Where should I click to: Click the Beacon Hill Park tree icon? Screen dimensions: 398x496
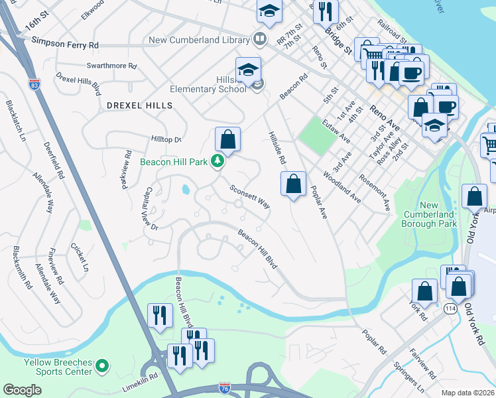tap(217, 161)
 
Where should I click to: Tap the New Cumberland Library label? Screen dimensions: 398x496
tap(198, 40)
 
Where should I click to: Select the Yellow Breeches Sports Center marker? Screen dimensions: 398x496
tap(101, 365)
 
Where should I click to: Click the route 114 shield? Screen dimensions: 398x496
tap(451, 309)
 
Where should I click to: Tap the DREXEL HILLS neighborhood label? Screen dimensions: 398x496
tap(139, 105)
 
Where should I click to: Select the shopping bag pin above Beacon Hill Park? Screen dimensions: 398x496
tap(227, 139)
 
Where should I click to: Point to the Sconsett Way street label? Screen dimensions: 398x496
tap(250, 197)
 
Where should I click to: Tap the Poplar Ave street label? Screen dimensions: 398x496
tap(320, 202)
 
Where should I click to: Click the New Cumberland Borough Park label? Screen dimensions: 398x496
tap(429, 215)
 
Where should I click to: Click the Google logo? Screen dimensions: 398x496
tap(22, 390)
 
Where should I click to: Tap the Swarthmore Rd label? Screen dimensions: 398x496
tap(111, 66)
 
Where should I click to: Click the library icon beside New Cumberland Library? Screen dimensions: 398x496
tap(259, 39)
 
